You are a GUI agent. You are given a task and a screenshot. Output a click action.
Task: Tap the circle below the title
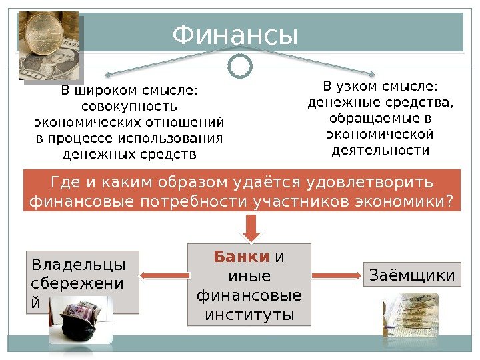coord(240,66)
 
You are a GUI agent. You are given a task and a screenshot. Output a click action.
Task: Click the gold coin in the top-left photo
coord(43,33)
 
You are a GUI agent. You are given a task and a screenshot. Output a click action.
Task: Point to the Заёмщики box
coord(411,275)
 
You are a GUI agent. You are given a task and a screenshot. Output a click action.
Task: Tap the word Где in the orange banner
coord(65,182)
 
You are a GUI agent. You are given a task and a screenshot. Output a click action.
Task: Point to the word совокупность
coord(129,107)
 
